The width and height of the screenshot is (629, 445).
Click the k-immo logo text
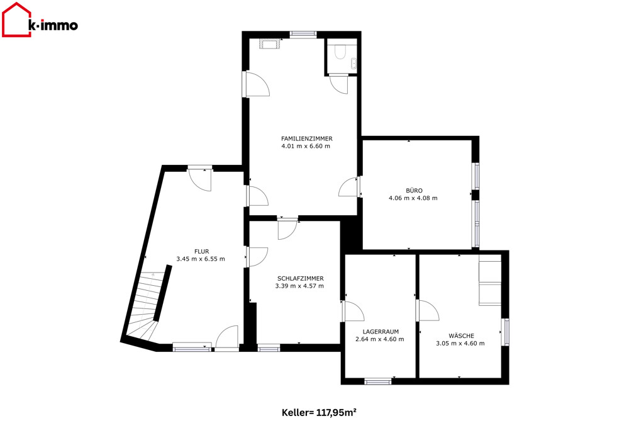tap(53, 25)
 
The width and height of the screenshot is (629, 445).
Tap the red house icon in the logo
tap(16, 20)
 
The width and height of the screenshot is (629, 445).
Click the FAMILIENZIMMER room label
tap(307, 138)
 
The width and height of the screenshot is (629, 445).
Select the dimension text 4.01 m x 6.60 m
tap(306, 146)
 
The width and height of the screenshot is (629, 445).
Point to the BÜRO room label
tap(414, 191)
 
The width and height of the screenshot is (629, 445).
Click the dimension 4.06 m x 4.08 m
tap(413, 198)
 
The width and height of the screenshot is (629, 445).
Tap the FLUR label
tap(202, 252)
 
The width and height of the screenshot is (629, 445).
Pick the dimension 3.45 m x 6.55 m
tap(201, 259)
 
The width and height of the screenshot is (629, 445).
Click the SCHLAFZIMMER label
tap(301, 278)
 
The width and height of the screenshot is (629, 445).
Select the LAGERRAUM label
tap(381, 332)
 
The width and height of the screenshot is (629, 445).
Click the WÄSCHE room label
tap(461, 336)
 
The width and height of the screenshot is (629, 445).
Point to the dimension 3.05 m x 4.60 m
tap(460, 343)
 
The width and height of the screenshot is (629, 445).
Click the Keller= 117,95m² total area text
tap(319, 412)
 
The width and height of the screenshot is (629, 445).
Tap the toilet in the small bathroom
tap(340, 53)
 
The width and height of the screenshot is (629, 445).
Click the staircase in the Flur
tap(147, 305)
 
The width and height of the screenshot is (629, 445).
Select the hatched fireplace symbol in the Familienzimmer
tap(270, 43)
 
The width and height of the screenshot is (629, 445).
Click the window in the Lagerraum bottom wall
tap(378, 381)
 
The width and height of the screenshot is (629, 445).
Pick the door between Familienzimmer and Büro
tap(349, 188)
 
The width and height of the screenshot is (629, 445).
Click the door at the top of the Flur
tap(200, 179)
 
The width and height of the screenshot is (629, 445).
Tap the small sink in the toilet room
tap(353, 64)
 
